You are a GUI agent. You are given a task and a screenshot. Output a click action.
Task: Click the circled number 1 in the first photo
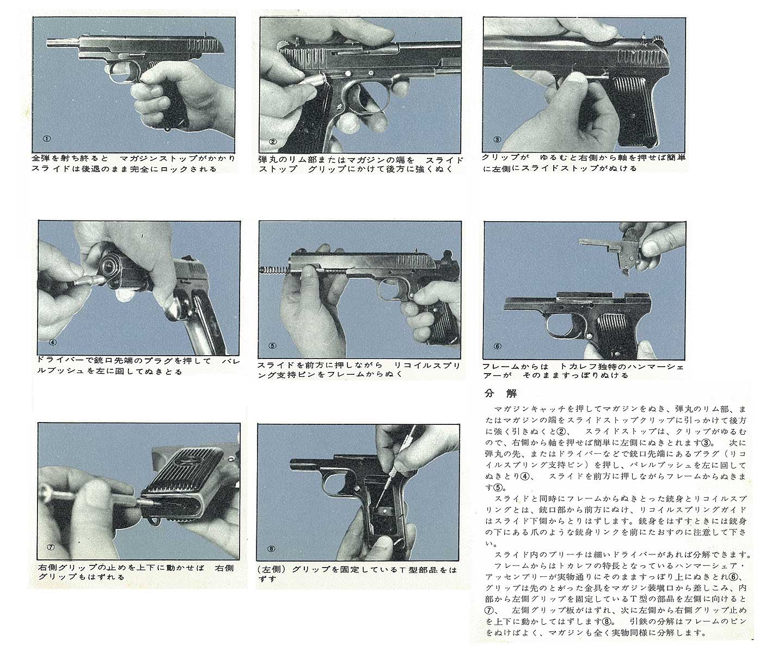(x=47, y=139)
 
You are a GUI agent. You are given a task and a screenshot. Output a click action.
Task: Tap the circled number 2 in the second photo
(x=273, y=142)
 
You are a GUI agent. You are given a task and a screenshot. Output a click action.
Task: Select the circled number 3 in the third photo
(x=497, y=139)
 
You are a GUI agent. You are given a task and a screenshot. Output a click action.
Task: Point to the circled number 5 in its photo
(x=273, y=345)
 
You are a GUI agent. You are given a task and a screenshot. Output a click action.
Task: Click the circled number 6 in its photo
(x=498, y=346)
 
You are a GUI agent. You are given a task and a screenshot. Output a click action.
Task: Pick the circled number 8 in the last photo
(x=271, y=549)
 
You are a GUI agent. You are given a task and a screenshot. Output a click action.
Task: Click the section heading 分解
(x=500, y=394)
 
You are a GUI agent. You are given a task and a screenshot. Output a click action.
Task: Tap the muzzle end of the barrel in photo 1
(x=49, y=42)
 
